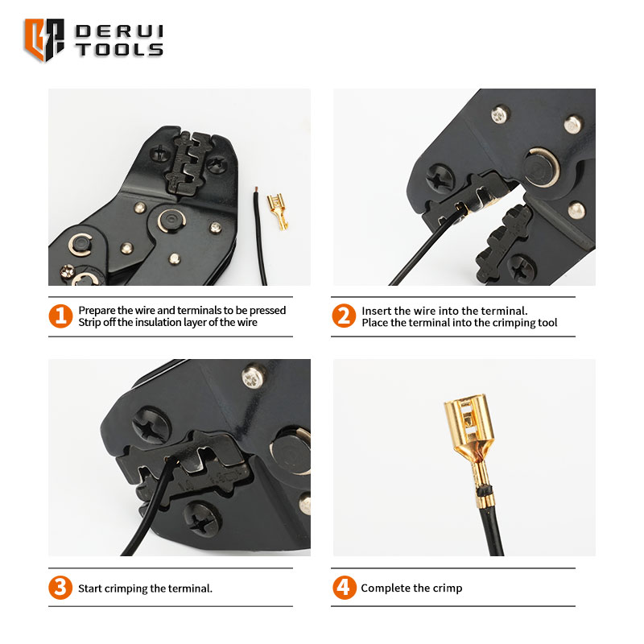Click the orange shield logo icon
coord(44,39)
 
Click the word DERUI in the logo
coord(119,31)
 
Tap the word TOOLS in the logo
coord(119,49)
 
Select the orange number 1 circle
coord(60,316)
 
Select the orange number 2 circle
coord(344,316)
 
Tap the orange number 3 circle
coord(60,588)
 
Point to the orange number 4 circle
coord(345,588)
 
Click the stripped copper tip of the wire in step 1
coord(256,190)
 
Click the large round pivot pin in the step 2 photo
coord(541,167)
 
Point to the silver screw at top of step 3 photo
coord(253,377)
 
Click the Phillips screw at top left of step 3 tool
coord(151,425)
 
